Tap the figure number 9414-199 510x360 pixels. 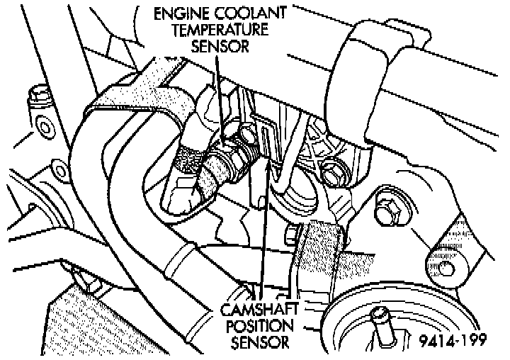450,341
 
